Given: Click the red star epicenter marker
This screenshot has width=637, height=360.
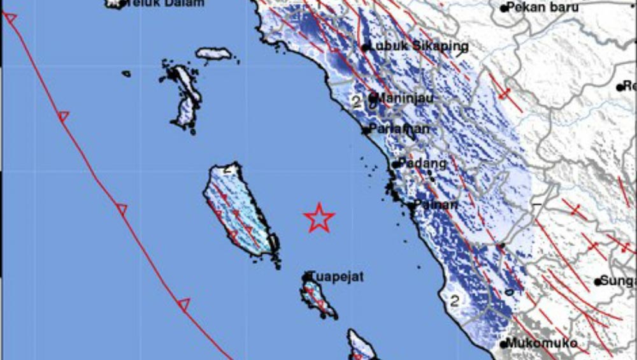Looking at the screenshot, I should point(319,218).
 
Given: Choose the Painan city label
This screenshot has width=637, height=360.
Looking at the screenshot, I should point(436,205).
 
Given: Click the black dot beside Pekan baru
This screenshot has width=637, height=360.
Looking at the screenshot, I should point(503,8).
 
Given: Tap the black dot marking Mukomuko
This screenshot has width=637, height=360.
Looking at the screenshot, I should point(503,345).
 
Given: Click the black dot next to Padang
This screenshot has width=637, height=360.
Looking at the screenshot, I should point(395,164).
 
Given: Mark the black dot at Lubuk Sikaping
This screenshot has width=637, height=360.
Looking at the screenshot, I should point(365,47).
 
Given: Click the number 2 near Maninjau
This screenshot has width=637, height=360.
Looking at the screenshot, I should point(355,101).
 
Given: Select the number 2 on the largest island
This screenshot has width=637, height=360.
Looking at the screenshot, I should point(229,170).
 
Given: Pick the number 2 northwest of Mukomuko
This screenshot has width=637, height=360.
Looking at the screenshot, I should point(455,300).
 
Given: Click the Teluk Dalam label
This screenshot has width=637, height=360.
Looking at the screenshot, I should point(165,3).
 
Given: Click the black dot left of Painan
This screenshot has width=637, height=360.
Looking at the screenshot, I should point(410,205).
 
